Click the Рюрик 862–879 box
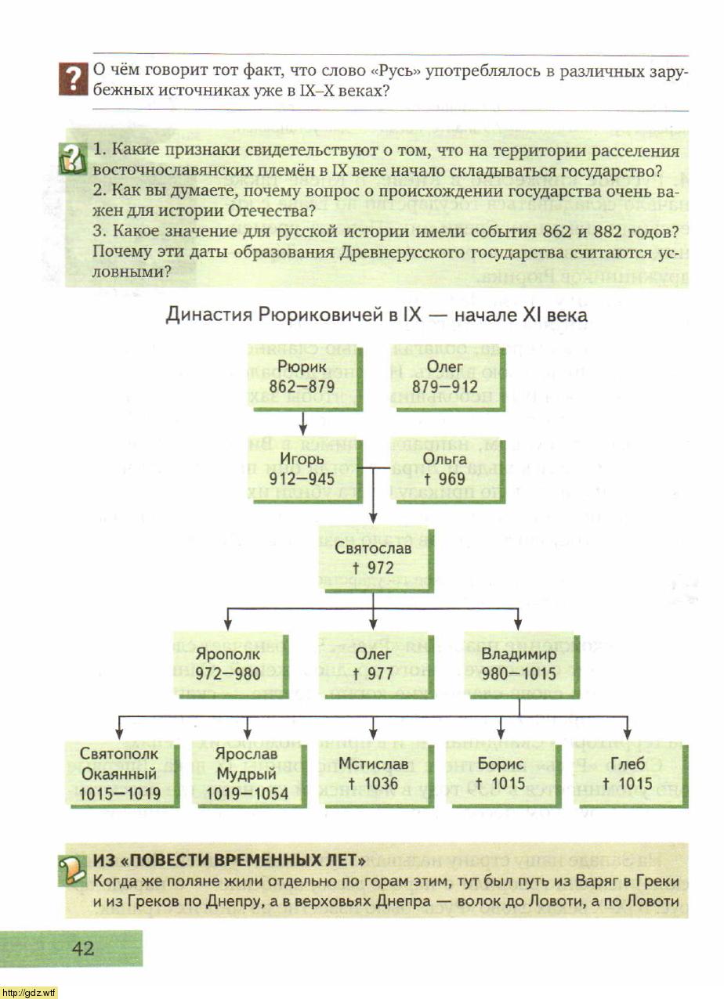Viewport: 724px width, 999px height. point(302,377)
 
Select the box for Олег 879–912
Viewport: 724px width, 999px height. point(444,377)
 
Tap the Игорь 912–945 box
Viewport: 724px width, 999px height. point(302,468)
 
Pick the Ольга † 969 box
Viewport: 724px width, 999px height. point(444,468)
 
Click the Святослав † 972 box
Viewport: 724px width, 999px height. point(373,557)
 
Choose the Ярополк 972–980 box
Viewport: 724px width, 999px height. point(228,663)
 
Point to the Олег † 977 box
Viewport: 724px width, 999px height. point(373,663)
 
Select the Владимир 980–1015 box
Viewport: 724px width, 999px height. point(518,663)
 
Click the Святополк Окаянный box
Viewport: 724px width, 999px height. point(119,774)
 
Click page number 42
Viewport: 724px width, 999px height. point(83,949)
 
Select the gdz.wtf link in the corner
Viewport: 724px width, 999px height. point(30,993)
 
